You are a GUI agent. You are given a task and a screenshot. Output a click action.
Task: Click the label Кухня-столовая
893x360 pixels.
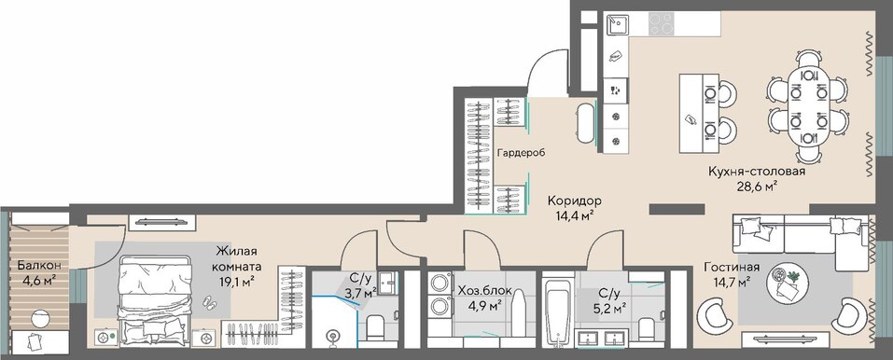click(x=757, y=172)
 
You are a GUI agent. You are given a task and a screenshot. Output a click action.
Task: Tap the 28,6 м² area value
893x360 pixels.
click(x=758, y=186)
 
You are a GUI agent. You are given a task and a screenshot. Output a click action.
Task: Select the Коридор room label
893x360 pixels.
click(x=575, y=201)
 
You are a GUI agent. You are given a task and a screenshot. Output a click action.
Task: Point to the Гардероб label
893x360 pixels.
click(x=521, y=153)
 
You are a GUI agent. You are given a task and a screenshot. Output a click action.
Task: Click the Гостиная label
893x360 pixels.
click(x=732, y=267)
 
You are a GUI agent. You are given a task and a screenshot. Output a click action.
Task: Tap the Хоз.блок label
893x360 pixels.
click(x=484, y=292)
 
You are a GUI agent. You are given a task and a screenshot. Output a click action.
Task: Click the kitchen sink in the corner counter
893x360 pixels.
click(x=617, y=24)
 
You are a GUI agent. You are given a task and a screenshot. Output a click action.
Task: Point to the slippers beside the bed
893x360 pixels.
click(x=210, y=302)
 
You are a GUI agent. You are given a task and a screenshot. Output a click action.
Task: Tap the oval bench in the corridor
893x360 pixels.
click(x=586, y=123)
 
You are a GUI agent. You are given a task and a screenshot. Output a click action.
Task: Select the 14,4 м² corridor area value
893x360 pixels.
click(x=575, y=215)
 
